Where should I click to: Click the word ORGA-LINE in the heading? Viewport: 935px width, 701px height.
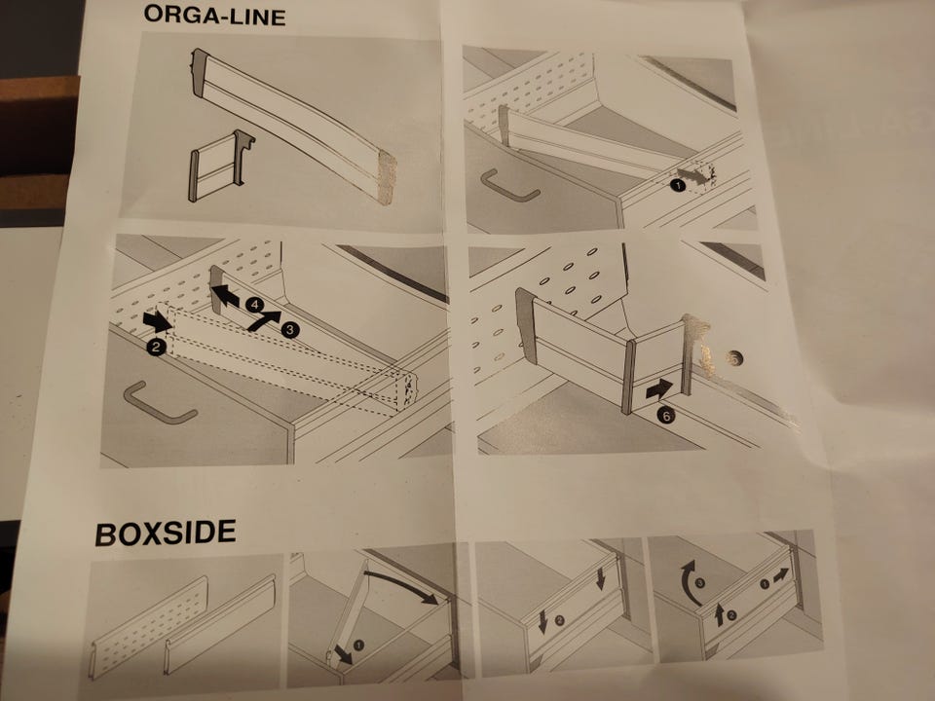214,15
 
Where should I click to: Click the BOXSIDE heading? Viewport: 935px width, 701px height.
166,533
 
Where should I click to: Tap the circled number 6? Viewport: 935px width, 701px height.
666,415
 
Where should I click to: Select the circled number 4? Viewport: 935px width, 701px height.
254,305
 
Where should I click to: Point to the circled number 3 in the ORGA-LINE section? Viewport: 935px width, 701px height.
290,330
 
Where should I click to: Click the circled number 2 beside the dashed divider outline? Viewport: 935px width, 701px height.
156,347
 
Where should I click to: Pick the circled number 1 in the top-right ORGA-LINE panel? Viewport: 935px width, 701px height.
677,185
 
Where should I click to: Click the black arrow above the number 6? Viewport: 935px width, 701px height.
659,389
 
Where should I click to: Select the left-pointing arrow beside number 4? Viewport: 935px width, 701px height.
225,296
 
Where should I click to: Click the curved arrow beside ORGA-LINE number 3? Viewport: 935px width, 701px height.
262,320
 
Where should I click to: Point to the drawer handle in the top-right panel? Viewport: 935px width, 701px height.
508,187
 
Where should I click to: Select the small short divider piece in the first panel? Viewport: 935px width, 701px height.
221,166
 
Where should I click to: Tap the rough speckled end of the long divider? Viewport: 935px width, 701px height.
387,176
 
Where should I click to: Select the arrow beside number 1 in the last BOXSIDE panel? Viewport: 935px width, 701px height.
780,575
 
